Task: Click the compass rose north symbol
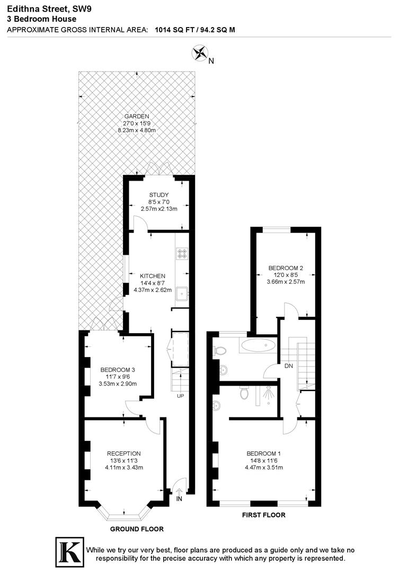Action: (200, 53)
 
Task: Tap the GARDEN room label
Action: (137, 117)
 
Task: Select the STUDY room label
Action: (158, 195)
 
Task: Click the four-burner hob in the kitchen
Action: (182, 254)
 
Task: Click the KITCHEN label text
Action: (153, 276)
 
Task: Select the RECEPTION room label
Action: (123, 453)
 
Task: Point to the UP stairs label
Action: (181, 396)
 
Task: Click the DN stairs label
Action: (288, 366)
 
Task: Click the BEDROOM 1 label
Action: (263, 453)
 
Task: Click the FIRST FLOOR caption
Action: (263, 515)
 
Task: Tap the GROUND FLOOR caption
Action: (137, 529)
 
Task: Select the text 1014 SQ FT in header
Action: (173, 30)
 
